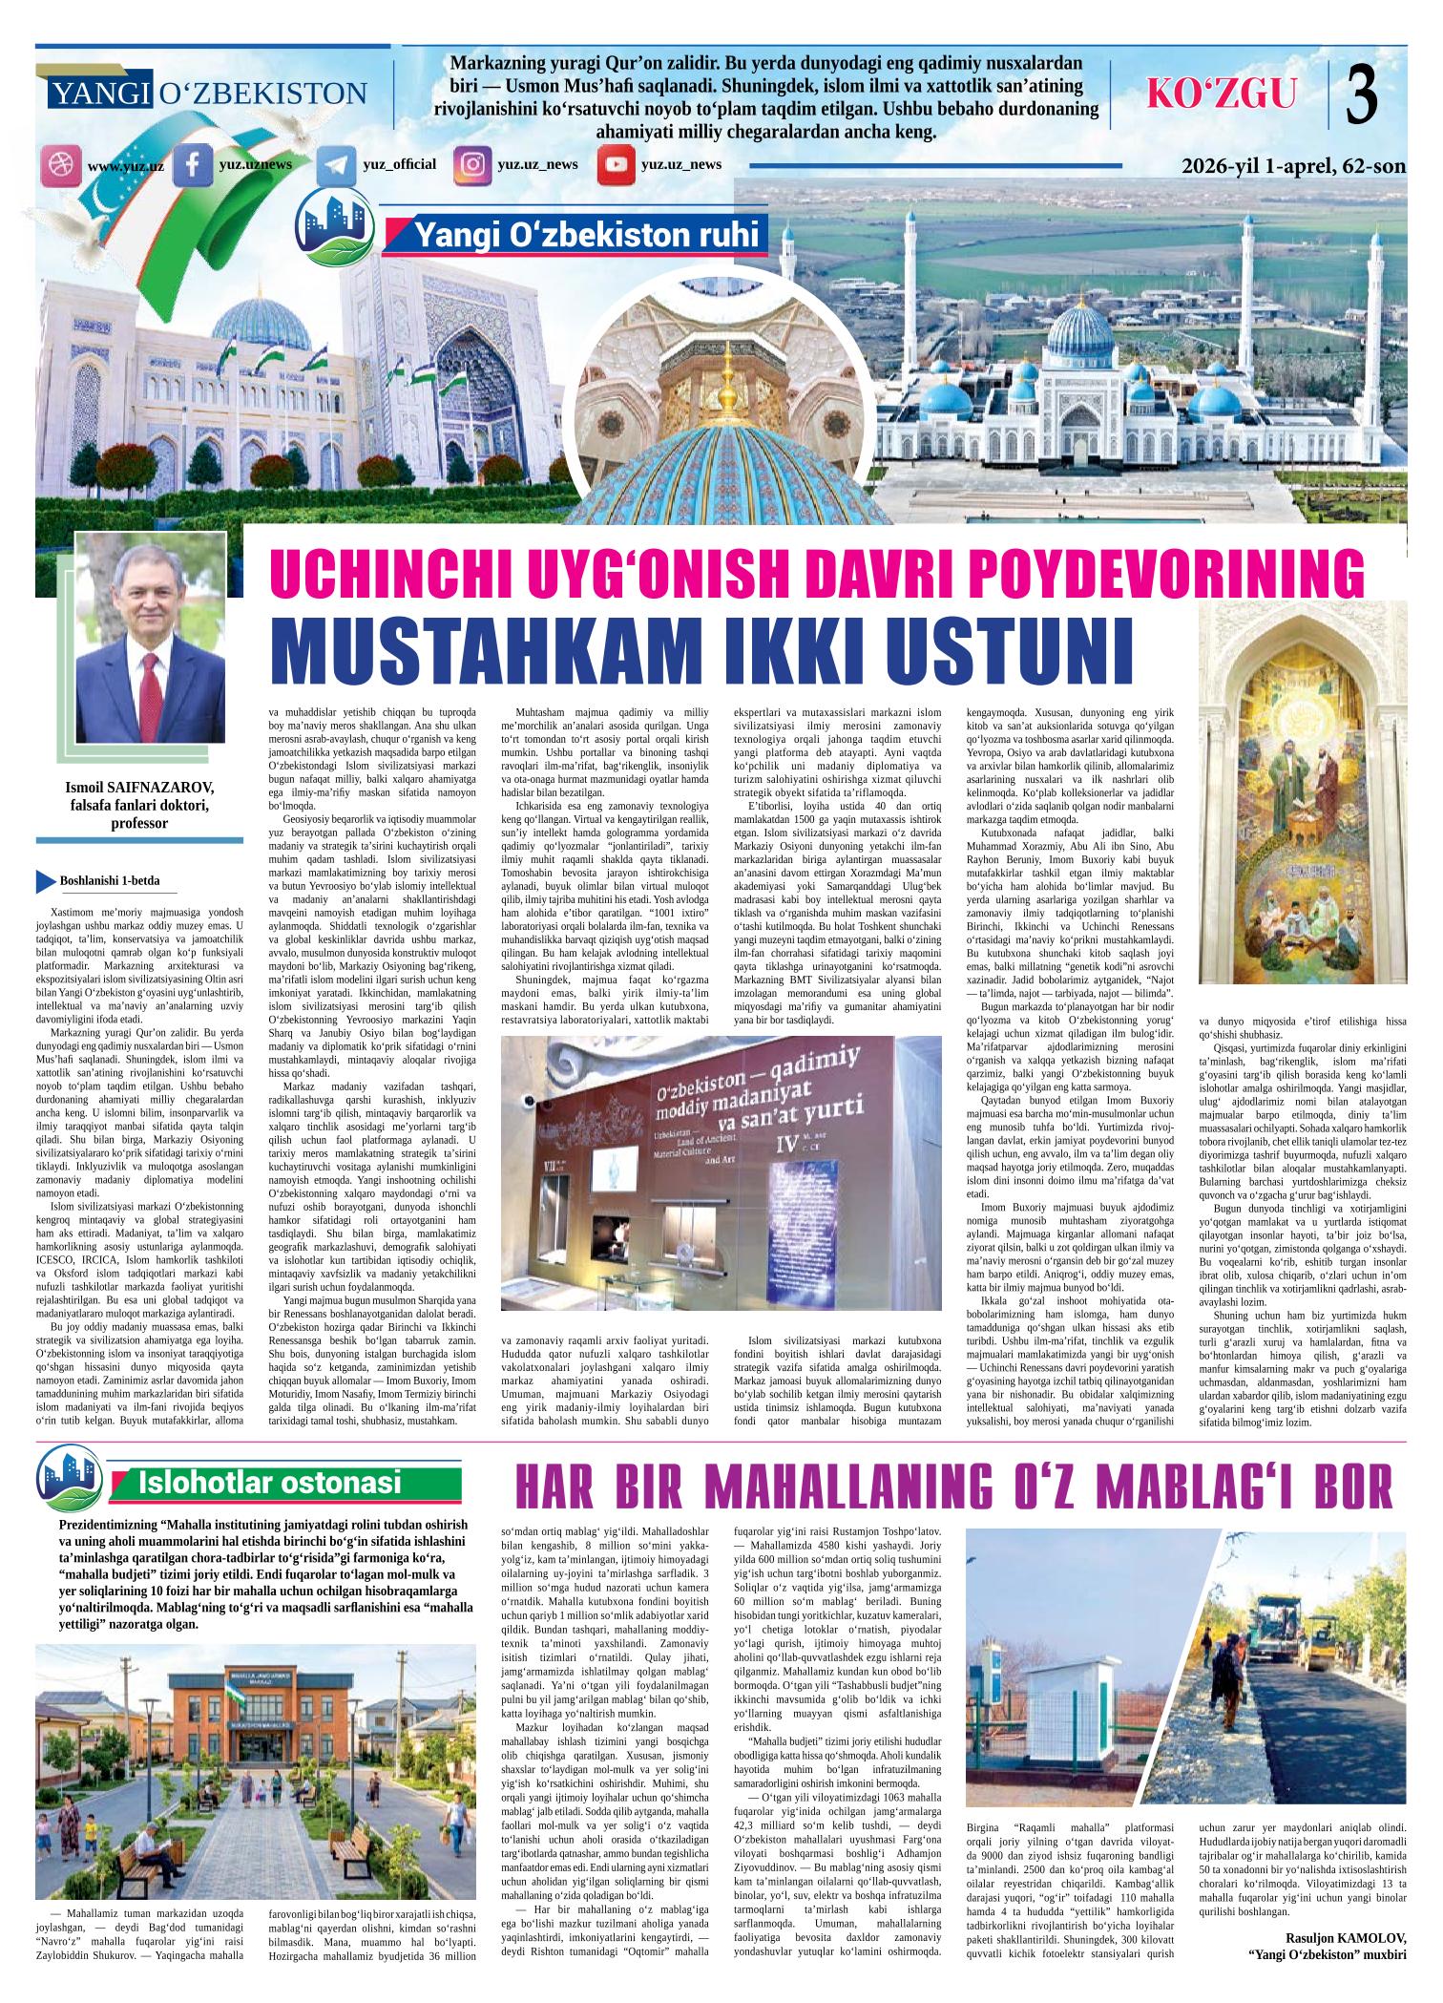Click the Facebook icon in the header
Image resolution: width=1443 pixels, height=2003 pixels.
point(192,164)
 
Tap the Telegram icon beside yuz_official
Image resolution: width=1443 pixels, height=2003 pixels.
point(334,165)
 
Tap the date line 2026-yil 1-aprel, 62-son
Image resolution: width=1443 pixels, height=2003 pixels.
point(1293,166)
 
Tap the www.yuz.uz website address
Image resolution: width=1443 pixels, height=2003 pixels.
point(125,167)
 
